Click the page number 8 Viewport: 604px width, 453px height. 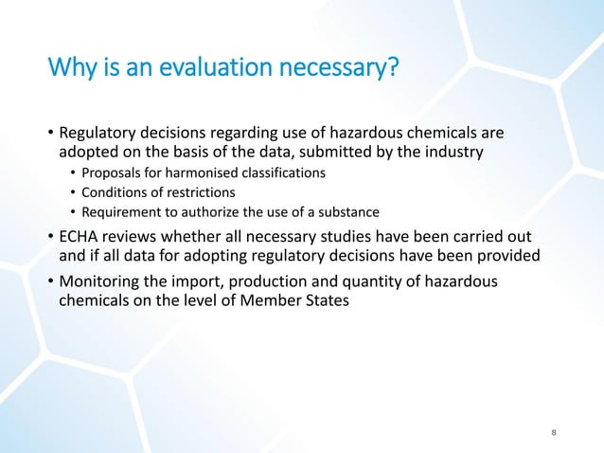[554, 433]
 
